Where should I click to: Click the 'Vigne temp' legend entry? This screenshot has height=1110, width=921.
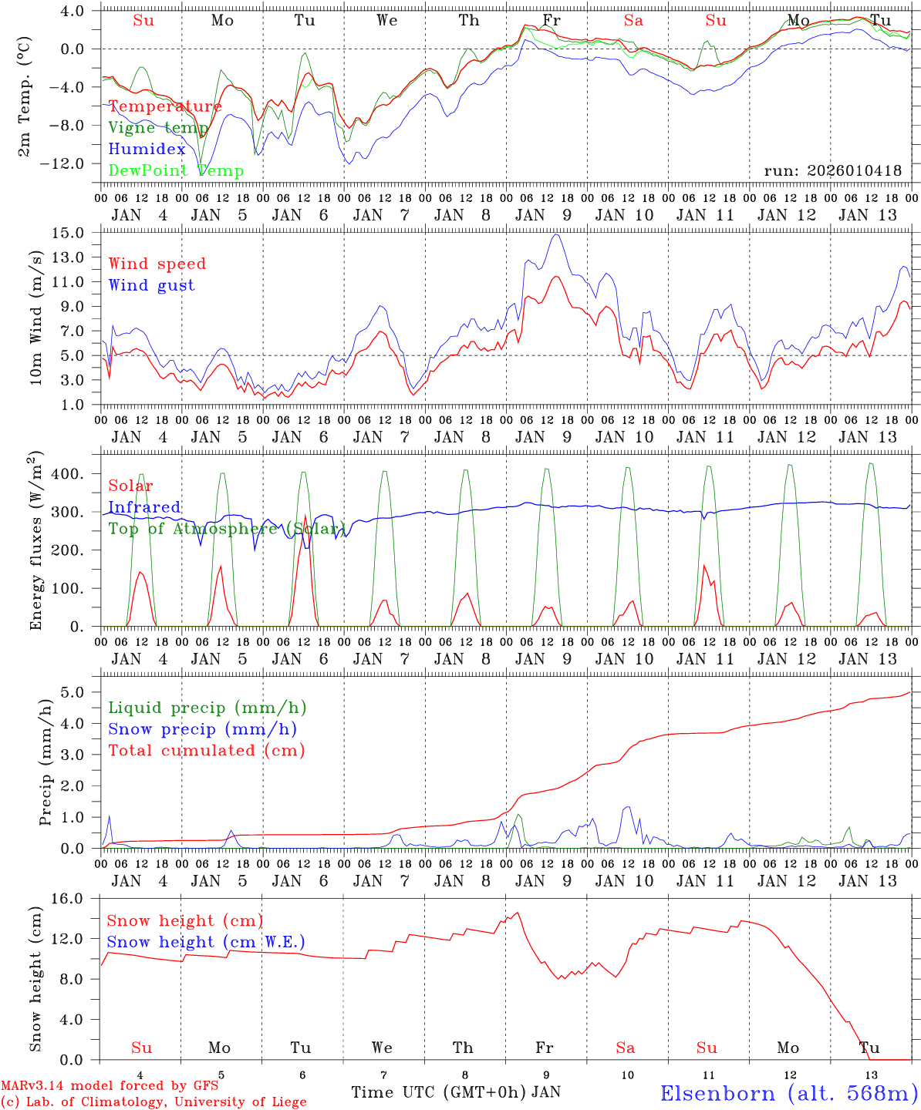click(158, 128)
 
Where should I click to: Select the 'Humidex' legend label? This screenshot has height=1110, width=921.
click(147, 150)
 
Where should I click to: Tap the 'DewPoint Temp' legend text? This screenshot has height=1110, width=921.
click(176, 171)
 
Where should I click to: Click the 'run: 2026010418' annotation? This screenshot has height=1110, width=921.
click(832, 171)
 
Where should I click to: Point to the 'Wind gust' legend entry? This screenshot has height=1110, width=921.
click(152, 285)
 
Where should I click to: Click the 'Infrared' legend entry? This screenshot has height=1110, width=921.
click(144, 507)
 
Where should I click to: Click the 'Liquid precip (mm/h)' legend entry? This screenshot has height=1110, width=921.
click(207, 708)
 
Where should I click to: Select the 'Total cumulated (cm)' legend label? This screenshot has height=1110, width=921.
click(207, 751)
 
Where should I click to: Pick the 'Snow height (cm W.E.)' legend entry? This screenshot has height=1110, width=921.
click(205, 942)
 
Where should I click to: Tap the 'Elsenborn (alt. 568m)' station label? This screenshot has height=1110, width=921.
click(789, 1093)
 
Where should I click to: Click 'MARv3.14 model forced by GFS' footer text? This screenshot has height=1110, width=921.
click(109, 1086)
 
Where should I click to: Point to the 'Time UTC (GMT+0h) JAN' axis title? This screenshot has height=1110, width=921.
click(456, 1092)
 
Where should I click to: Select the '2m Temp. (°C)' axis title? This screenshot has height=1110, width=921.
click(25, 98)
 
